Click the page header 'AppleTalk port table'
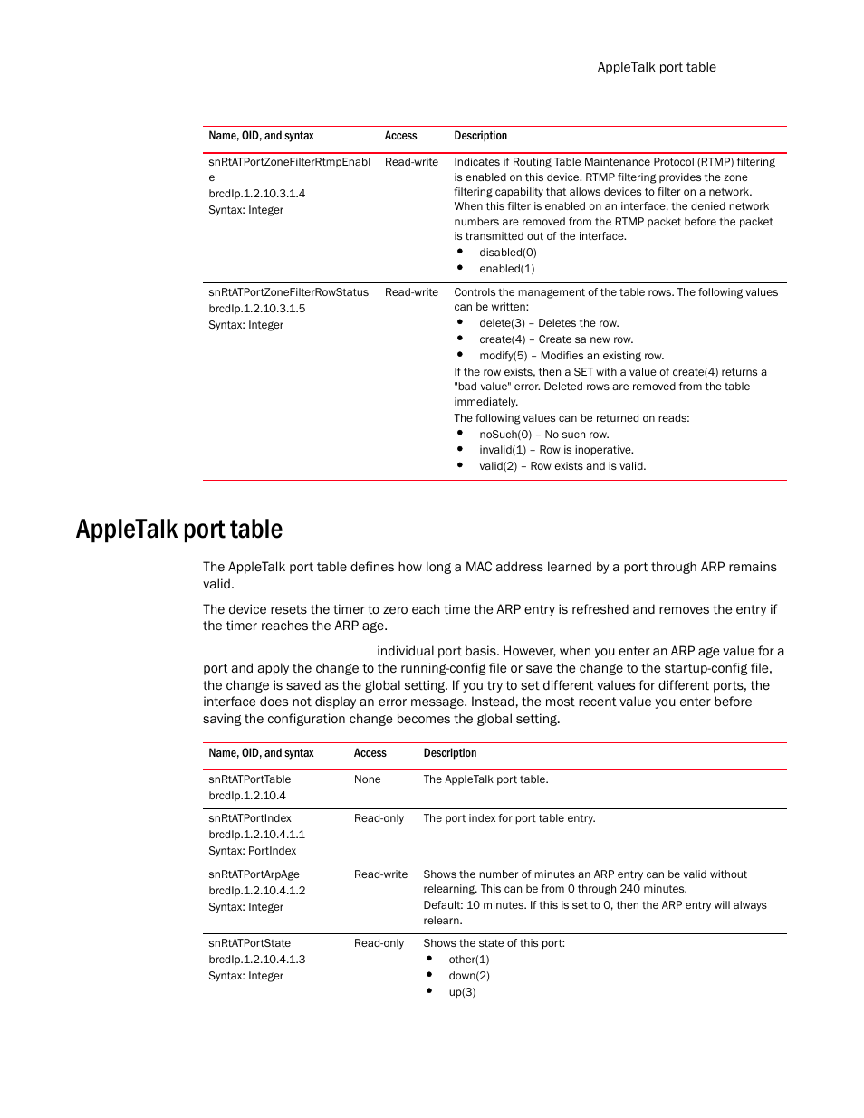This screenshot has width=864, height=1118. tap(656, 67)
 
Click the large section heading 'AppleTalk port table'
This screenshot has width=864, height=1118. tap(179, 530)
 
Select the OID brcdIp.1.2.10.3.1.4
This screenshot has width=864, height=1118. tap(256, 194)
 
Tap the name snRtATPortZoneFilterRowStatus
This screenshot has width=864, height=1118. tap(288, 292)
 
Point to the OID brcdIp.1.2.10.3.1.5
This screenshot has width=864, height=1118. tap(256, 309)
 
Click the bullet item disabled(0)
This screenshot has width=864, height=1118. tap(507, 253)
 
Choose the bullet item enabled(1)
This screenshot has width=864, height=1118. tap(506, 269)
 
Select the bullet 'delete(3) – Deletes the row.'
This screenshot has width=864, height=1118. tap(549, 323)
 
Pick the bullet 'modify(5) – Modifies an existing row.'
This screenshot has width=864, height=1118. tap(571, 356)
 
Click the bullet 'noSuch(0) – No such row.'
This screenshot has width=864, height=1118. tap(543, 435)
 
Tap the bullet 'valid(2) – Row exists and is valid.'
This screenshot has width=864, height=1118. tap(562, 466)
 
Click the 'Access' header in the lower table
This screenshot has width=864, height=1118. tap(370, 753)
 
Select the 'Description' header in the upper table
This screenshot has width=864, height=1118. tap(480, 136)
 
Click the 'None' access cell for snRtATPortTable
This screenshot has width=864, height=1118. tap(367, 779)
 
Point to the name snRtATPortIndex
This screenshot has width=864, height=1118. tap(249, 818)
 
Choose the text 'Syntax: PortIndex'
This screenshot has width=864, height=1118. tap(252, 851)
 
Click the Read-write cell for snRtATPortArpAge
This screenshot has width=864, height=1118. tap(380, 874)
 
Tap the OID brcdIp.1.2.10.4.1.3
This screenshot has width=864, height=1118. tap(256, 960)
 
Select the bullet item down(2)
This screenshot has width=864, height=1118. tap(468, 976)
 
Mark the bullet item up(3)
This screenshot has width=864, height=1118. tap(462, 992)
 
